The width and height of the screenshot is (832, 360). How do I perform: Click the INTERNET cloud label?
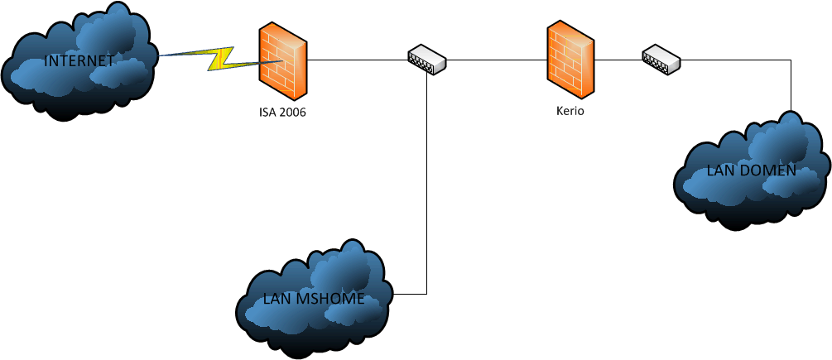click(x=79, y=61)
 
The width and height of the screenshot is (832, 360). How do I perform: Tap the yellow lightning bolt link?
click(x=222, y=58)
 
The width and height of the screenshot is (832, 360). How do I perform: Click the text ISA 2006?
click(x=282, y=113)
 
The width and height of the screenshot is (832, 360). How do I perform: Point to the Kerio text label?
click(x=570, y=111)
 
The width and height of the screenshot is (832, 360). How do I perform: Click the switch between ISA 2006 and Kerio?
click(x=426, y=59)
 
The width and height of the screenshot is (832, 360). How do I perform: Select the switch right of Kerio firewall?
click(x=661, y=60)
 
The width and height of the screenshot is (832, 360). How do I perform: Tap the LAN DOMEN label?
click(x=751, y=171)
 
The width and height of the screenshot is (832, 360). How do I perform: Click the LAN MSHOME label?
click(x=313, y=299)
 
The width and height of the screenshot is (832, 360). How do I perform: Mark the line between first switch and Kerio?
click(x=497, y=60)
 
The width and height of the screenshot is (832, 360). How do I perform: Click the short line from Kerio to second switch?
click(x=618, y=60)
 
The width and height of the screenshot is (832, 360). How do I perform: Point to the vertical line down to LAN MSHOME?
click(x=426, y=182)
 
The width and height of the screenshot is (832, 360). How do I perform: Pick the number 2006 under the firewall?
click(x=293, y=113)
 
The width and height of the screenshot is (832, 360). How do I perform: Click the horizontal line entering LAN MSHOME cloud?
click(x=410, y=294)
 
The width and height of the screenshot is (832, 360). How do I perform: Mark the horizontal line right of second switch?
click(x=737, y=60)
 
